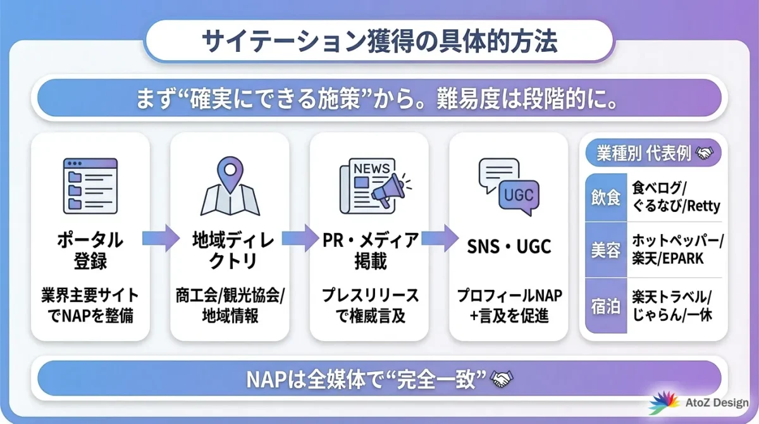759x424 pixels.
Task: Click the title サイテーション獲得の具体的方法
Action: [x=379, y=42]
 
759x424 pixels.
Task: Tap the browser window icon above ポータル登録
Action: [x=90, y=185]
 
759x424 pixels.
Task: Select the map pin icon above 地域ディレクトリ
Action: [x=230, y=185]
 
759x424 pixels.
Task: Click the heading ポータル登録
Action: [x=90, y=251]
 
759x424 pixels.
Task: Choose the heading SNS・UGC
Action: [x=509, y=247]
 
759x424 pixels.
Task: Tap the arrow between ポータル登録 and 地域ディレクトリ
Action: [x=161, y=239]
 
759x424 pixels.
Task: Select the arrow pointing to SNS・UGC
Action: [x=440, y=239]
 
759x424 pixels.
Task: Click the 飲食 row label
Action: [x=606, y=197]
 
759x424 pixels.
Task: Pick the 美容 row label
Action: [x=606, y=251]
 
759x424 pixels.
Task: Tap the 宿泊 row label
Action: [x=606, y=306]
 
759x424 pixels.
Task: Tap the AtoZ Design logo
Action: [x=699, y=403]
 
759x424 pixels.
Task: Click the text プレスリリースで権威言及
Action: [x=370, y=306]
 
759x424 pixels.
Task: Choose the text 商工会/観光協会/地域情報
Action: [x=230, y=306]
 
